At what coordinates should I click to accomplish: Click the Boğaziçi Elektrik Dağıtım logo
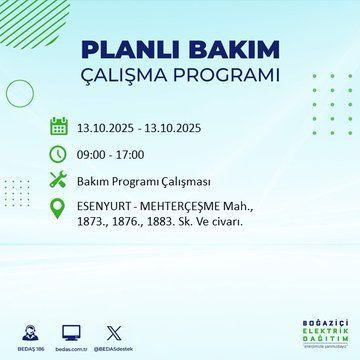pyautogui.click(x=319, y=333)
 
